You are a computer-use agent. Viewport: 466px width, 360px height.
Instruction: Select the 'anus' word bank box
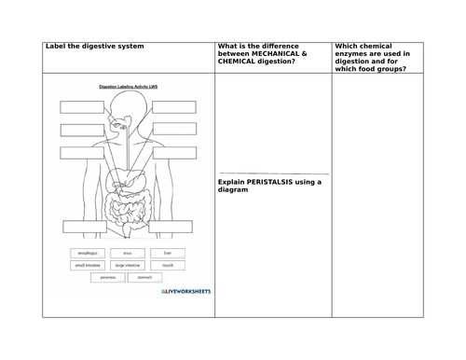click(x=128, y=253)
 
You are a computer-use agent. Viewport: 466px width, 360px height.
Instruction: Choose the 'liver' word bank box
click(x=167, y=253)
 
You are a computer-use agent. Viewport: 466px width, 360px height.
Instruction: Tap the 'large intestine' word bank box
click(x=128, y=265)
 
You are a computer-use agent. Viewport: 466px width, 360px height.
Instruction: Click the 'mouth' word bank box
click(x=167, y=265)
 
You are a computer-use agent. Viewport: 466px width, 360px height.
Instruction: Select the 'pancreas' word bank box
click(x=107, y=277)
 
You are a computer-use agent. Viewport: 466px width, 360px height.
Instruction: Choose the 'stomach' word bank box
click(x=148, y=277)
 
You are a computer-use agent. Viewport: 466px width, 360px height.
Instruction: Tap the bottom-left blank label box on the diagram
click(x=85, y=225)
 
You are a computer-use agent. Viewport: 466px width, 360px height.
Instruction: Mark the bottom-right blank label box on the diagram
click(x=173, y=225)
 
